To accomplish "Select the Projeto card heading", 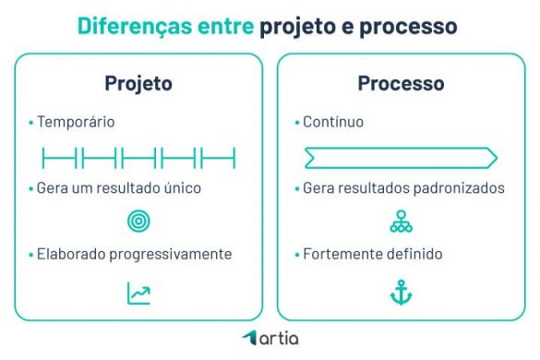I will (x=138, y=83).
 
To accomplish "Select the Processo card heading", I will (x=401, y=83).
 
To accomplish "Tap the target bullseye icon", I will (x=138, y=222).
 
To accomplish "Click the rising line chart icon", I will (x=138, y=293).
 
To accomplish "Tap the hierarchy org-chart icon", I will (x=402, y=222).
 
